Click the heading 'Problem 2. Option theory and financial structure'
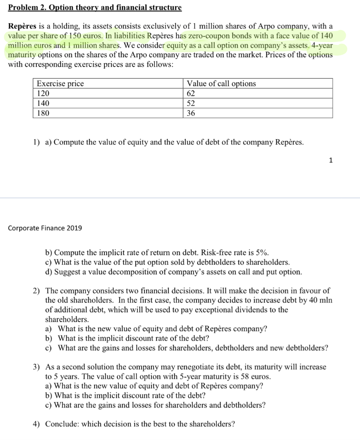[95, 8]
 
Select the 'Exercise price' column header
[60, 84]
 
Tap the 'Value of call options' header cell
[221, 84]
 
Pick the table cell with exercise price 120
[43, 94]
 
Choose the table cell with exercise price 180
[43, 113]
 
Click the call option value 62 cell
[191, 94]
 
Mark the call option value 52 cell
[191, 103]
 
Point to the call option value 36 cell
[191, 113]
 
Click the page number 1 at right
[330, 161]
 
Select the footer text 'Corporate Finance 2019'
[45, 228]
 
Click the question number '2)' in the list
[37, 291]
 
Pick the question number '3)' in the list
[37, 367]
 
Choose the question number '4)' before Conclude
[37, 424]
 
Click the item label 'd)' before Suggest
[49, 272]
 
